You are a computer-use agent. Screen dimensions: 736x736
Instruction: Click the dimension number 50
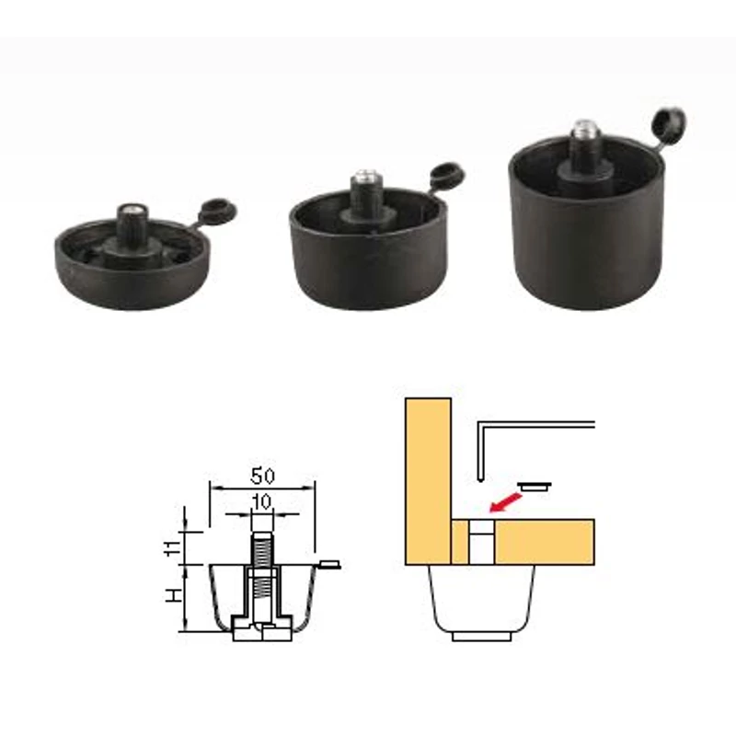[262, 476]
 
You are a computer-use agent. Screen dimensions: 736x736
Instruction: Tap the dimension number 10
[262, 501]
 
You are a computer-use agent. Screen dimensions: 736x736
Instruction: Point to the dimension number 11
[172, 548]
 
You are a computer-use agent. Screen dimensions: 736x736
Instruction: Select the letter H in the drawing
[173, 596]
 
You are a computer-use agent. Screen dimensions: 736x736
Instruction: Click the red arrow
[506, 501]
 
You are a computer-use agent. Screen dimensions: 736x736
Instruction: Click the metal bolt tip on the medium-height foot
[365, 176]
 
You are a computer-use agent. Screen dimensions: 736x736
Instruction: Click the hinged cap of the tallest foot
[669, 123]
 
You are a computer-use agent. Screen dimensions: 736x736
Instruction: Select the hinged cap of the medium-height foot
[447, 175]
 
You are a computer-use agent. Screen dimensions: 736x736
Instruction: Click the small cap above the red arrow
[535, 487]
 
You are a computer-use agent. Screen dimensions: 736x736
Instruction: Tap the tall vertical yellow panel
[428, 481]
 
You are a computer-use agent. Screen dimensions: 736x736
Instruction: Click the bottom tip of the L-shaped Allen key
[480, 479]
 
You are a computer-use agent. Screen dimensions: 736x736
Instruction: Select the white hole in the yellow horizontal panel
[481, 542]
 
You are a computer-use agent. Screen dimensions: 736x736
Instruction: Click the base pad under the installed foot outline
[481, 636]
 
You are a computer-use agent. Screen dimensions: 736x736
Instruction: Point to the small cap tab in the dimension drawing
[329, 564]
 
